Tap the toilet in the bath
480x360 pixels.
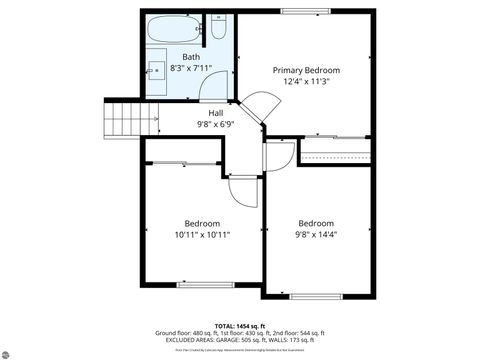218,27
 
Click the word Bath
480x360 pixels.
190,57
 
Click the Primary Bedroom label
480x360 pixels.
307,70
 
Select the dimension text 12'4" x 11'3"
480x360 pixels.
307,83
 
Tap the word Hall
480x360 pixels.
215,113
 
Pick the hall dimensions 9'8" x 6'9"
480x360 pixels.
215,126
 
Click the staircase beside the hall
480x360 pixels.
124,121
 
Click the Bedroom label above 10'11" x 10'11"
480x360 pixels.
202,223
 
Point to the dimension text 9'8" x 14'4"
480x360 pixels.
315,236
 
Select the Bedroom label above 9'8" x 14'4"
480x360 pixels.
315,223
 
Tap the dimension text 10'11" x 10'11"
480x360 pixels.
202,236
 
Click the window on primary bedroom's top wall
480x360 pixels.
307,12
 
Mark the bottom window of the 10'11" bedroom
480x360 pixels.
204,284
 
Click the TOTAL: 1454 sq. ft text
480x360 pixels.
239,325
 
